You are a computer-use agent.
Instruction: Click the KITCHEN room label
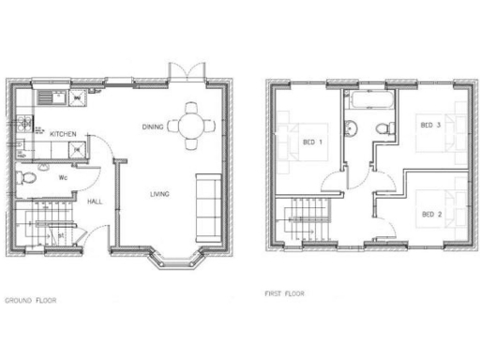coord(63,135)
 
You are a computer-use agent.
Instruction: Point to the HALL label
coord(96,201)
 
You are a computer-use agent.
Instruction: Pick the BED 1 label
coord(311,142)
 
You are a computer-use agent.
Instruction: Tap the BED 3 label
coord(430,125)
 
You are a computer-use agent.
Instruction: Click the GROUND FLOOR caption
coord(30,301)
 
